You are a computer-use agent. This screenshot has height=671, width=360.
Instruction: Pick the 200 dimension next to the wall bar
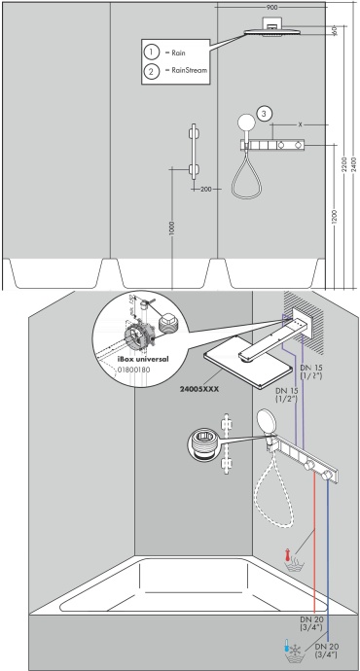coord(206,191)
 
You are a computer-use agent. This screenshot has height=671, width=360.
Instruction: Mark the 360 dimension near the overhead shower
coord(332,31)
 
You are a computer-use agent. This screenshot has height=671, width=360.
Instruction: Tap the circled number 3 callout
coord(263,112)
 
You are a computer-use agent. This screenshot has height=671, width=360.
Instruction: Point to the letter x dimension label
coord(301,124)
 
